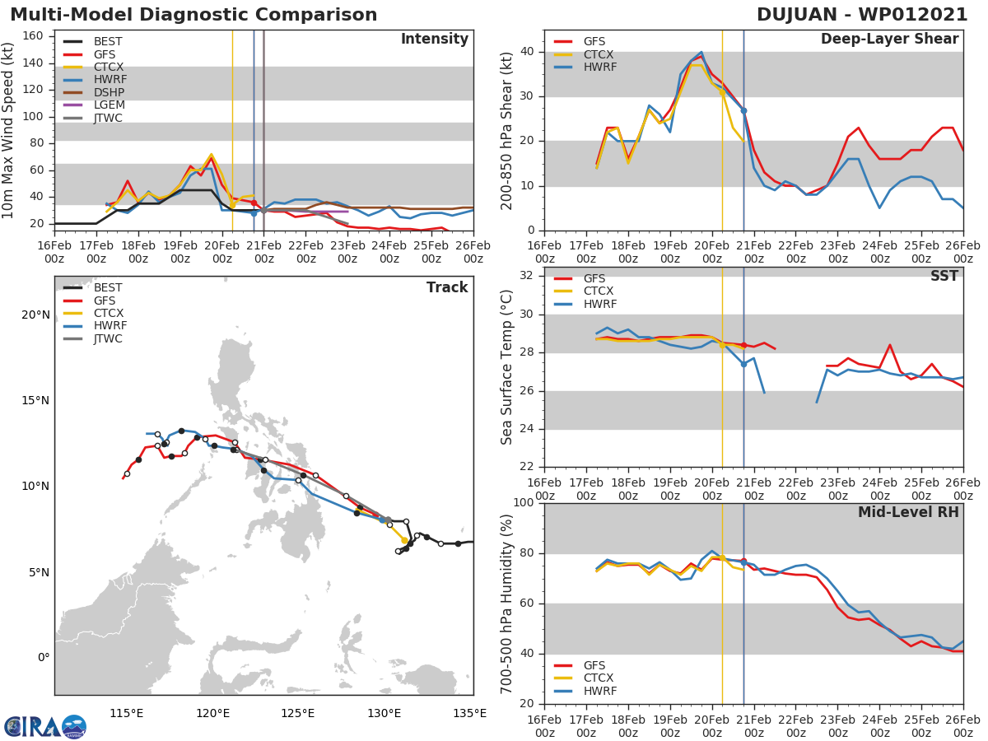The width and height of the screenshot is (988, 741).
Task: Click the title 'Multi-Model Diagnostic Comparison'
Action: tap(193, 15)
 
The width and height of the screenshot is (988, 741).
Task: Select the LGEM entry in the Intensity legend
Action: tap(109, 105)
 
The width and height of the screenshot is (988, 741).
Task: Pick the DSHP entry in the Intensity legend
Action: tap(109, 92)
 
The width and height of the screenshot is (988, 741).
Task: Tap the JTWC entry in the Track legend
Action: tap(109, 338)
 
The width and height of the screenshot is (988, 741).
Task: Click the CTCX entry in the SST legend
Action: tap(598, 291)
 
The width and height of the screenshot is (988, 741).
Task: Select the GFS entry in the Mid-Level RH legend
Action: tap(598, 665)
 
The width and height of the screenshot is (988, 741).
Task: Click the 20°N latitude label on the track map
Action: tap(35, 315)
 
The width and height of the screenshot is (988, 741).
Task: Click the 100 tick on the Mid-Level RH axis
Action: tap(524, 503)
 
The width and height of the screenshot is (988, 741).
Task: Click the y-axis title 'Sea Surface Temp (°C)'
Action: tap(507, 367)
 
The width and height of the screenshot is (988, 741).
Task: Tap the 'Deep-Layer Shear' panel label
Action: tap(889, 40)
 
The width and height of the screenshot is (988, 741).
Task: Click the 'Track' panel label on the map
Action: tap(446, 287)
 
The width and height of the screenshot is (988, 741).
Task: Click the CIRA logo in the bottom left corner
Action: tap(44, 726)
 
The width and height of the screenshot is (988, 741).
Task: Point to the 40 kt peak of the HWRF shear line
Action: tap(701, 52)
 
